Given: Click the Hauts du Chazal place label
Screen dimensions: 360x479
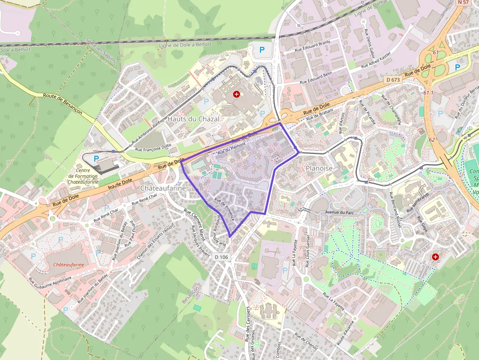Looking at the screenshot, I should (194, 119).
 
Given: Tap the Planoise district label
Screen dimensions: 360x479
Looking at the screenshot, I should (319, 168).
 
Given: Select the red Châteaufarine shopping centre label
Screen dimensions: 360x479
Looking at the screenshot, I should (69, 264).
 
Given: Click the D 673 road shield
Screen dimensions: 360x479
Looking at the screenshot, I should (392, 80).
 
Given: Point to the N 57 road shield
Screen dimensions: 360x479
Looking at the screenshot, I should (463, 3).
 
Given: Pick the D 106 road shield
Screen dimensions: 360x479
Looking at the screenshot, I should (221, 257).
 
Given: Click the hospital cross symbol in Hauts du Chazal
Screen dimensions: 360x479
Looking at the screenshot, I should (237, 93).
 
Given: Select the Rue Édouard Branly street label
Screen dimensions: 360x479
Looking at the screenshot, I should (313, 46).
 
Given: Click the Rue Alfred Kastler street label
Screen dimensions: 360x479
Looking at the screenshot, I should (376, 60).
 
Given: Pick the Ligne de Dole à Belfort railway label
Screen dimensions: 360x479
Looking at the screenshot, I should (186, 44).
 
